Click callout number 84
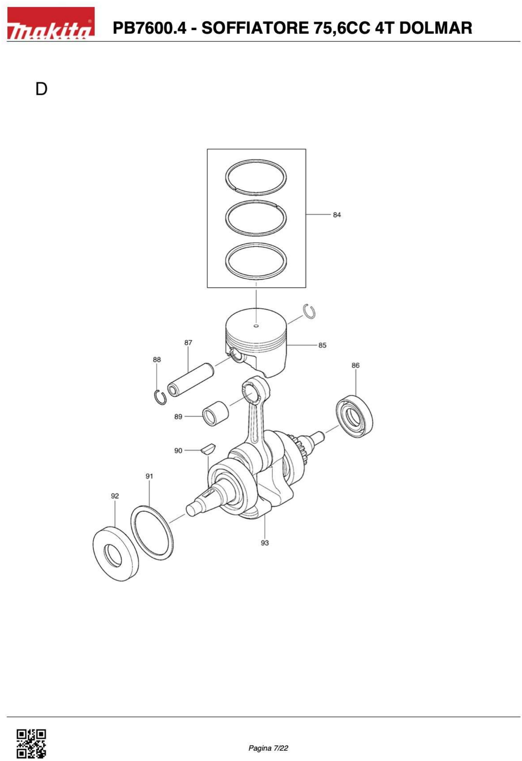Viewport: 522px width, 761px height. tap(337, 215)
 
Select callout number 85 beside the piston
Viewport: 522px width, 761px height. tap(322, 345)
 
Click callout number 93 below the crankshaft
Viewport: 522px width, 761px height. tap(265, 543)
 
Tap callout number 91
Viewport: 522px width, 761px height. tap(149, 476)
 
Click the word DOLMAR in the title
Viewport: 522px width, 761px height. tap(436, 28)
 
